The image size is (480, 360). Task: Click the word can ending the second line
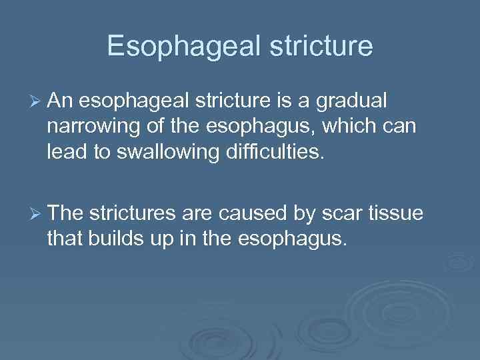[x=401, y=127]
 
